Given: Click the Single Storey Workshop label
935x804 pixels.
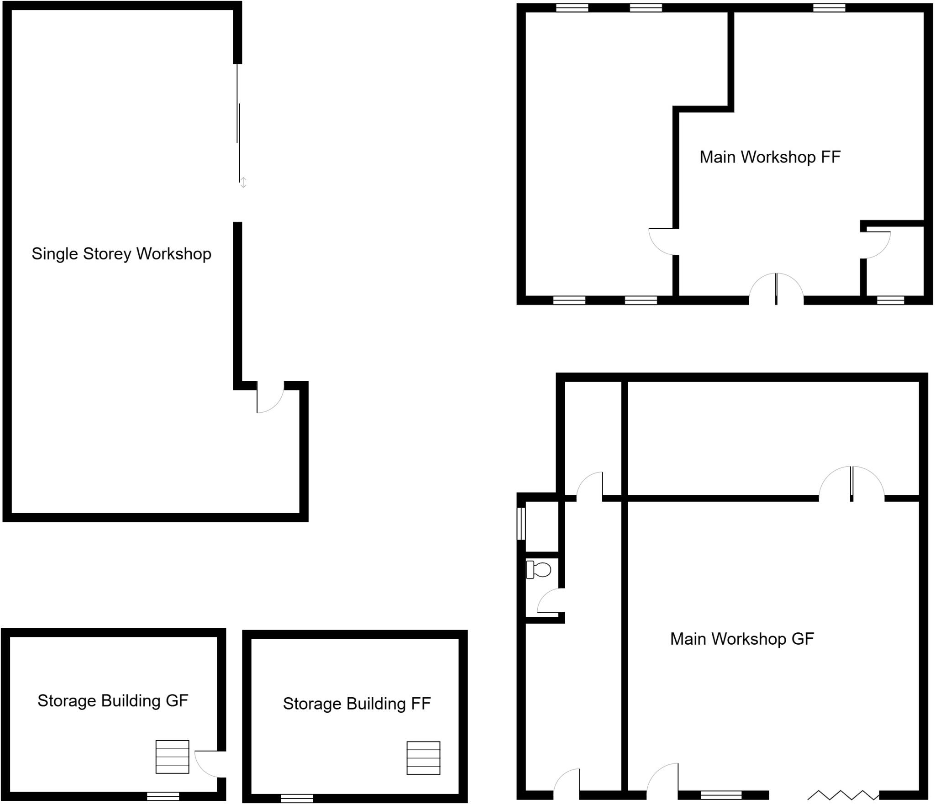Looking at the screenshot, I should pos(121,254).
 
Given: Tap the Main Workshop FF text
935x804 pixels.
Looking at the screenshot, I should pos(769,157).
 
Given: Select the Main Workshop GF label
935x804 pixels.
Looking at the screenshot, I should pos(741,639).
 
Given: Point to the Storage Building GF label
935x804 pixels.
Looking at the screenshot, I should pos(112,700).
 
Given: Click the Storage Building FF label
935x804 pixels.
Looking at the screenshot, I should pos(357,704).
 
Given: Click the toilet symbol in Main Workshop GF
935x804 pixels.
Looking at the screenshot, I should pos(539,569).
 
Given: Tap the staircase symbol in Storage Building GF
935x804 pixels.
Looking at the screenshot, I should pos(172,757).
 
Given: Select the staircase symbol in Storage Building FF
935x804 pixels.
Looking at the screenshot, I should pos(423,758).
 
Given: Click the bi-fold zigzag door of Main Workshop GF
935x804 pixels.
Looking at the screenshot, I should pos(843,795).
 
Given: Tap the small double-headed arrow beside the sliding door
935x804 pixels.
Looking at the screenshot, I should pos(243,183).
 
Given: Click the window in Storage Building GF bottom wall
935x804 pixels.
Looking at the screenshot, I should pos(163,796).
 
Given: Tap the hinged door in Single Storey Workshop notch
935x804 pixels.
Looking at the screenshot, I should pos(269,398).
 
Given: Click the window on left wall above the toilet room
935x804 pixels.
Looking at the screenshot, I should pos(521,524).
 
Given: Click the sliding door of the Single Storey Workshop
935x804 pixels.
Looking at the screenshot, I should pos(238,123).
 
